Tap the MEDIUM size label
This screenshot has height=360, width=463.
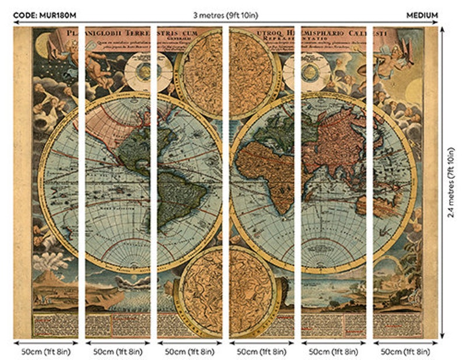[x=422, y=15]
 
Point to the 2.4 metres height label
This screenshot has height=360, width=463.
[x=451, y=182]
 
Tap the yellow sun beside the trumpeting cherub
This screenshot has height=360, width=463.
[x=415, y=90]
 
